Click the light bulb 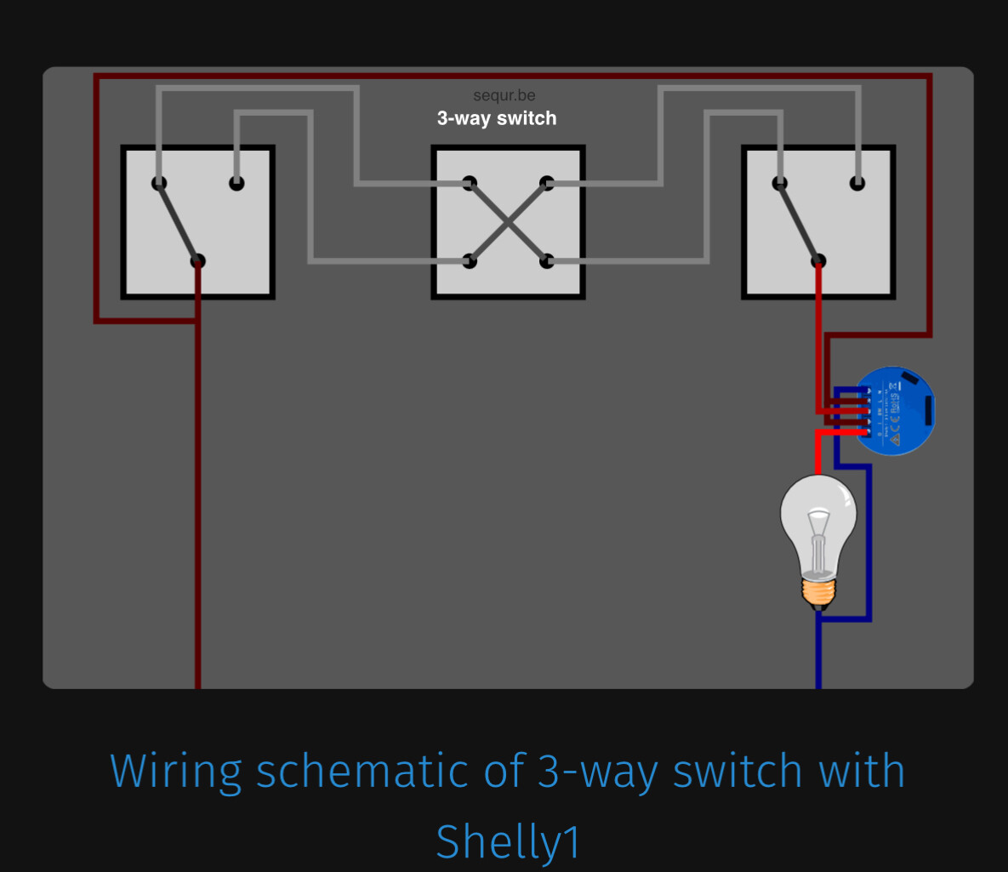(818, 527)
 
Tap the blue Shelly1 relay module (895, 411)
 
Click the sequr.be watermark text (504, 96)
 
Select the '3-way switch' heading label (497, 119)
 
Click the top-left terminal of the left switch (159, 183)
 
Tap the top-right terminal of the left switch (236, 183)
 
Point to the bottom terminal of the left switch (197, 261)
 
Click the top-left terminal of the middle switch (470, 183)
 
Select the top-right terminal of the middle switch (547, 183)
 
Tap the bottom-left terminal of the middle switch (470, 261)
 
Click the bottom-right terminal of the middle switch (547, 261)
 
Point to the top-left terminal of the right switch (779, 183)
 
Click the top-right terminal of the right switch (857, 183)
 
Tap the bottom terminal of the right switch (818, 261)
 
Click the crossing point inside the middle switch (508, 222)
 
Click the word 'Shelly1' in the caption (508, 841)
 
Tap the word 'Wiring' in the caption (175, 772)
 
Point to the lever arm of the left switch (178, 222)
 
